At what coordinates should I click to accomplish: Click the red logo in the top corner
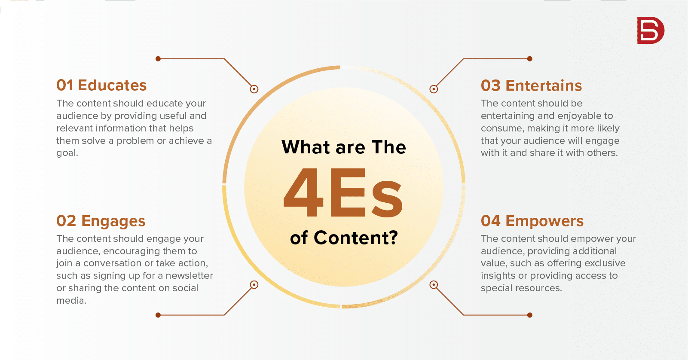(x=651, y=30)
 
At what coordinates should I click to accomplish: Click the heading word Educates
(x=112, y=85)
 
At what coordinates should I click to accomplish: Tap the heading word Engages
(x=113, y=221)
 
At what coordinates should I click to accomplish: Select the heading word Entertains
(x=544, y=85)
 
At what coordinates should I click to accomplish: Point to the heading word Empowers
(x=544, y=221)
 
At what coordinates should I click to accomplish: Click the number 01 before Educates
(x=65, y=85)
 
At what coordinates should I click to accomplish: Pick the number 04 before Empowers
(x=490, y=221)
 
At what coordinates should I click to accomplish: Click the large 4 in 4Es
(x=303, y=192)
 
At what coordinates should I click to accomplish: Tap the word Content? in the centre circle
(x=356, y=238)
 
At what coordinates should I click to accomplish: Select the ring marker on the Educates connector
(x=254, y=89)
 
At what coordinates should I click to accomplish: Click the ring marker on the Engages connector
(x=254, y=285)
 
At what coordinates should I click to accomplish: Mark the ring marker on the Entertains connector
(x=433, y=89)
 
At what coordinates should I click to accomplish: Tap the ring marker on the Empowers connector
(x=433, y=285)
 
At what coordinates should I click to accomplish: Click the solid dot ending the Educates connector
(x=158, y=59)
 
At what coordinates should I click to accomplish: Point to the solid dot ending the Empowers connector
(x=529, y=315)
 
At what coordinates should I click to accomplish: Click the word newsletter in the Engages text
(x=189, y=275)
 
